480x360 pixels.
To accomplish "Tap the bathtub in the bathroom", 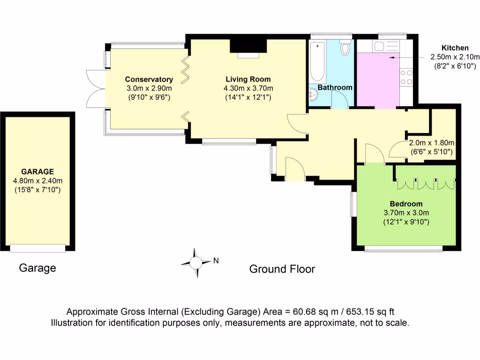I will coord(318,62).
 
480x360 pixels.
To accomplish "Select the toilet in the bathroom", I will coord(346,48).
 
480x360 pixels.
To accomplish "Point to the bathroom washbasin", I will coord(313,96).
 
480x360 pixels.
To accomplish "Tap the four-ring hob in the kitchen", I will coord(406,77).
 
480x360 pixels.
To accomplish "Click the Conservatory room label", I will coord(149,79).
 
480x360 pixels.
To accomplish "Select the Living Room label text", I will coord(248,79).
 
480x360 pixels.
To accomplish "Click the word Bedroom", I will coord(406,204).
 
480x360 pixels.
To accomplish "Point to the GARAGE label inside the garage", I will coord(37,172).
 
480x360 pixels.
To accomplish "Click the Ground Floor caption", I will coord(282,269).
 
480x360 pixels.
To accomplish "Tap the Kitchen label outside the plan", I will coord(455,48).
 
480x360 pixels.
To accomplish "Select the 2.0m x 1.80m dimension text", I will coord(432,143).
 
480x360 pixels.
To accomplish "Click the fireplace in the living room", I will coord(248,48).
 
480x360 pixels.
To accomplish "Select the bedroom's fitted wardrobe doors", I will coord(425,184).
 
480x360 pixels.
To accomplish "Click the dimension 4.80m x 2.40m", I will coord(37,180).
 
